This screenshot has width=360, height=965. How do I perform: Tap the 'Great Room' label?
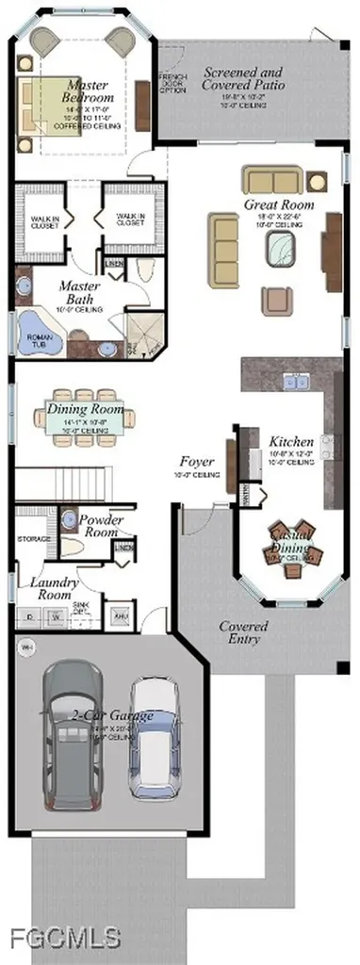click(278, 204)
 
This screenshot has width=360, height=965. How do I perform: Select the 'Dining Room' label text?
click(85, 410)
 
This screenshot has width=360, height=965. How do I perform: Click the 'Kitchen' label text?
click(290, 441)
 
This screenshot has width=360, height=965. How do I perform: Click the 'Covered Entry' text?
click(243, 632)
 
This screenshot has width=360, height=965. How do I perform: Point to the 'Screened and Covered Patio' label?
click(242, 78)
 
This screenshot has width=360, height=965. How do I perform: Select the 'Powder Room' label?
click(101, 525)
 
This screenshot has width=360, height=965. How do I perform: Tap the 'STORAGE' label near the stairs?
click(33, 539)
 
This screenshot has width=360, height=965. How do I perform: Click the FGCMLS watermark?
click(64, 937)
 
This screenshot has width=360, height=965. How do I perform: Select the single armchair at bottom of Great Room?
click(277, 300)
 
